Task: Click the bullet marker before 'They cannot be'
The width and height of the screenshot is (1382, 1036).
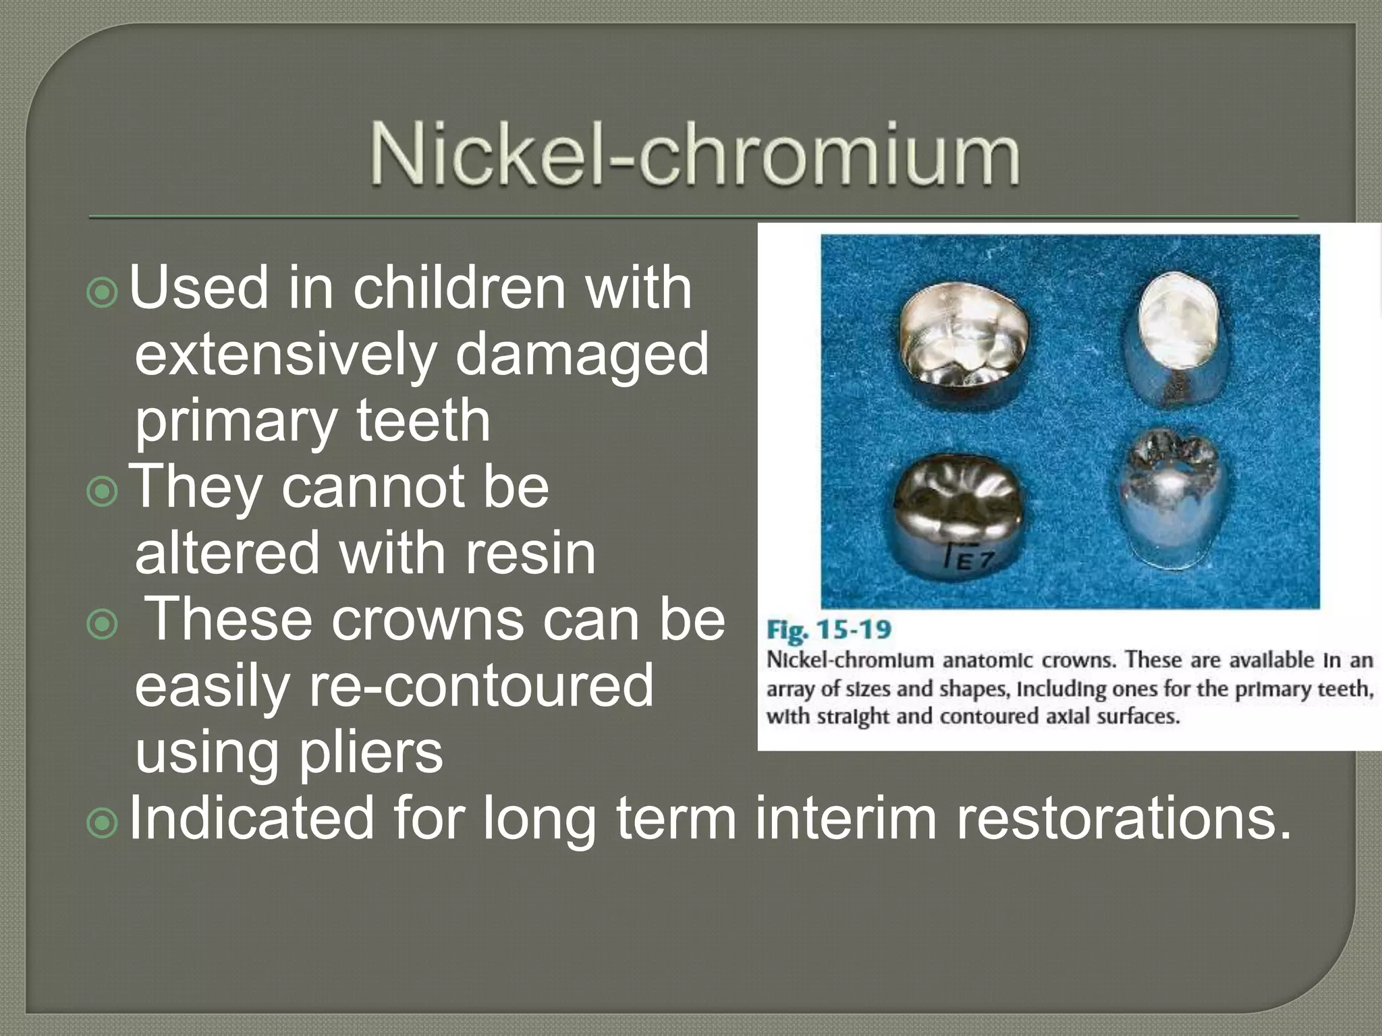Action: [103, 492]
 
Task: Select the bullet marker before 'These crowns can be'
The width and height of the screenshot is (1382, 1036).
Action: [103, 625]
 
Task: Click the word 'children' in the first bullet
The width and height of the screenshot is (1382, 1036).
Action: [459, 288]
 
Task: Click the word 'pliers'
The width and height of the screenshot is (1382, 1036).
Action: [370, 753]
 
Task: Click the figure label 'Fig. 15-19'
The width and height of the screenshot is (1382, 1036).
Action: [829, 631]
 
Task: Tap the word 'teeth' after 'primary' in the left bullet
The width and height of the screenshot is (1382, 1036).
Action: [423, 421]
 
